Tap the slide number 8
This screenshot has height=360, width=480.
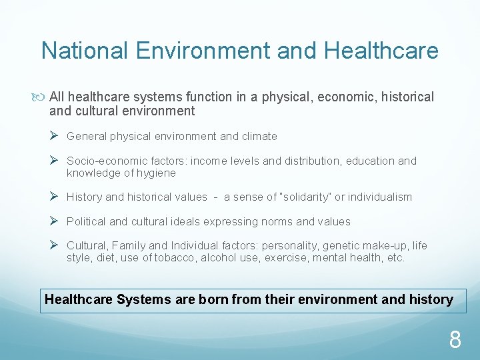(455, 341)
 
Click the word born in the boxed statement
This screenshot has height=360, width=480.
(211, 299)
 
